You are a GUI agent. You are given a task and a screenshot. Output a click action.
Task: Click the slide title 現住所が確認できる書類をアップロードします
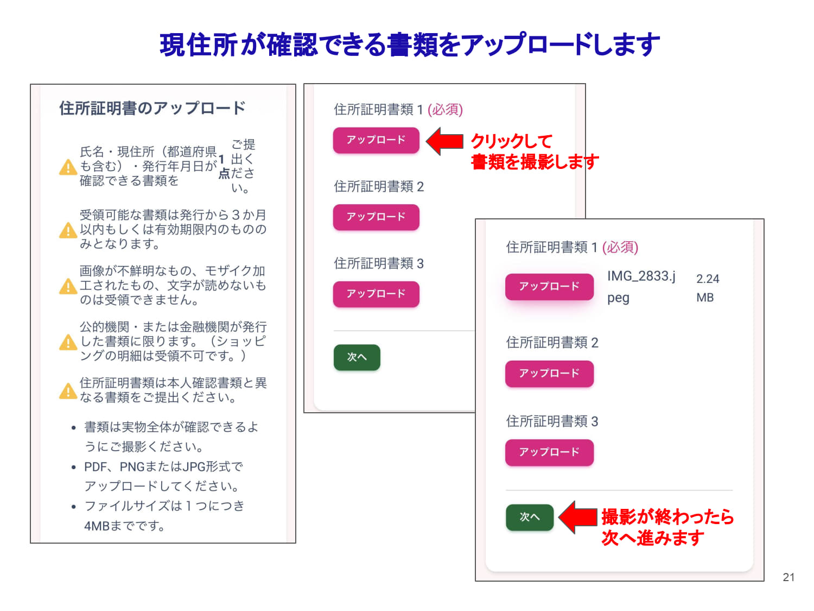[409, 45]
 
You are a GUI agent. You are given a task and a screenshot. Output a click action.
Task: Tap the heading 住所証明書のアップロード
[152, 108]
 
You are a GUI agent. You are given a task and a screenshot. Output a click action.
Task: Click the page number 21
[788, 577]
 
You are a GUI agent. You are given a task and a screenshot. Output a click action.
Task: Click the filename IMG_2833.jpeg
[641, 287]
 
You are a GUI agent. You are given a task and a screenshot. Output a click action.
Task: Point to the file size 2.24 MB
[707, 288]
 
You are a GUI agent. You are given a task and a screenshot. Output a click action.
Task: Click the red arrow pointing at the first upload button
[444, 141]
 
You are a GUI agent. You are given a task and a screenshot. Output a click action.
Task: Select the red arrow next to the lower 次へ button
[577, 517]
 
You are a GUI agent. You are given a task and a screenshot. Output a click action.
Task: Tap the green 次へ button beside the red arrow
[529, 517]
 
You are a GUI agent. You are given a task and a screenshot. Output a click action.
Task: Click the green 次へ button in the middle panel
[357, 357]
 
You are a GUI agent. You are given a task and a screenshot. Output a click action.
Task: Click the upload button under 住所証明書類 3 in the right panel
[549, 452]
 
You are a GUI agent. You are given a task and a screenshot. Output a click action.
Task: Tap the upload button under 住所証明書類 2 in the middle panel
[376, 217]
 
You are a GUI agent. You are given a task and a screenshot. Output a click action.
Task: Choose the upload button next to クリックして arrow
[376, 140]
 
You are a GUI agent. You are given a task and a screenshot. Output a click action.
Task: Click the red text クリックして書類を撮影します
[535, 152]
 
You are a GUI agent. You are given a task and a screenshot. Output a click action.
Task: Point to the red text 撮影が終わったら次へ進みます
[667, 527]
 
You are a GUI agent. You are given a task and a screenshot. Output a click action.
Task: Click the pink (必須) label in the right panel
[620, 247]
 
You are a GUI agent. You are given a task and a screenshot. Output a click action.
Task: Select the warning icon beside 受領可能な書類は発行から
[68, 230]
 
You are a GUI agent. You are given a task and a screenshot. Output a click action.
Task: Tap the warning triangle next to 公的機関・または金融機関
[68, 342]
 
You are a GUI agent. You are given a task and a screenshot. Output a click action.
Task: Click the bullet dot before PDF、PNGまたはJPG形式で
[73, 467]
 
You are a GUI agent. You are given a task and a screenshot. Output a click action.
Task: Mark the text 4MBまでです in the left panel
[124, 526]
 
